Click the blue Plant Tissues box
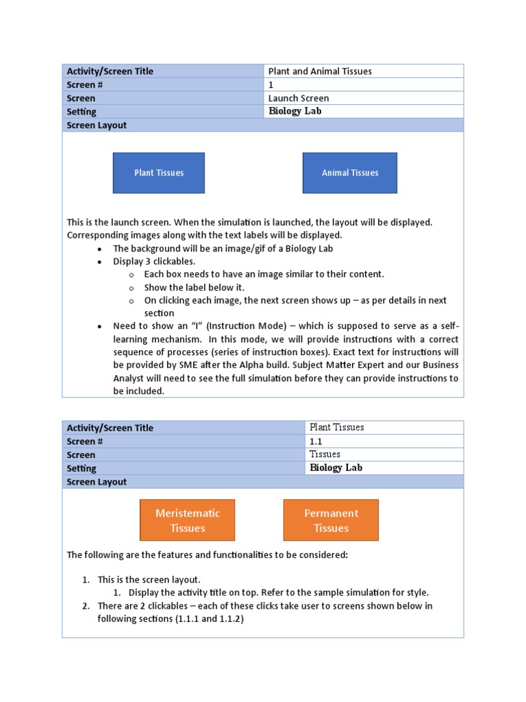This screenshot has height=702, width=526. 158,173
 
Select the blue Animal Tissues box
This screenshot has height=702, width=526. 349,173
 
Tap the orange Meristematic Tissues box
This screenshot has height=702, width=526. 187,520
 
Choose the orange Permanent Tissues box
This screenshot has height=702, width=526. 331,520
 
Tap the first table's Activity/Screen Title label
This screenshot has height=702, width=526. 110,71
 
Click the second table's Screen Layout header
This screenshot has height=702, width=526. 97,482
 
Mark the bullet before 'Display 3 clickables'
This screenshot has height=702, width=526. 100,262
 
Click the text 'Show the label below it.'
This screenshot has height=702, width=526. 194,287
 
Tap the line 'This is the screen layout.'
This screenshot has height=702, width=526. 149,580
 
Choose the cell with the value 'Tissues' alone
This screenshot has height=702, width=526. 325,454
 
